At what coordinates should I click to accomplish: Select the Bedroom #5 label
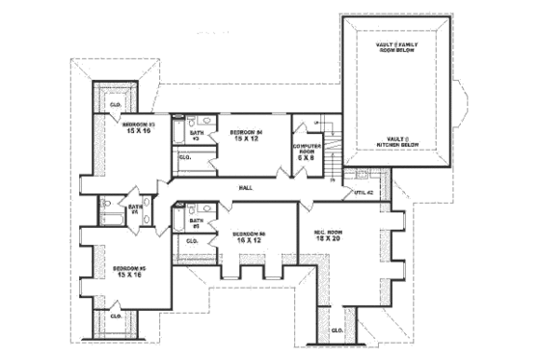click(x=127, y=268)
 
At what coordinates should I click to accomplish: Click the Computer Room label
click(x=308, y=148)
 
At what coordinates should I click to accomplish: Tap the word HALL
click(x=246, y=187)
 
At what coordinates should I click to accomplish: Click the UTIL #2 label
click(x=364, y=193)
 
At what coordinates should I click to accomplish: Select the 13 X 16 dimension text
click(x=127, y=275)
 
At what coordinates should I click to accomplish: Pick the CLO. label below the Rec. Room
click(x=337, y=330)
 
